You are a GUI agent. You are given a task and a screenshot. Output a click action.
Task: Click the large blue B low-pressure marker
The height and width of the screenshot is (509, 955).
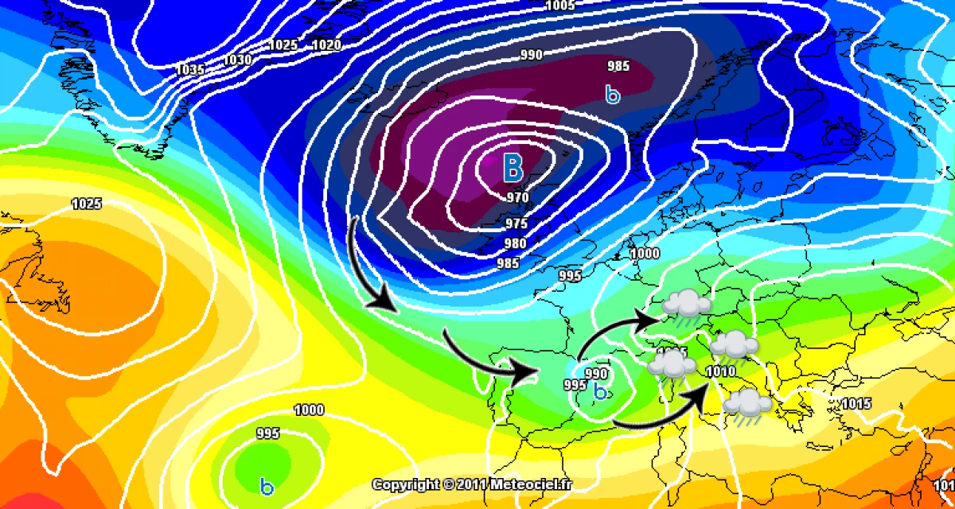(513, 168)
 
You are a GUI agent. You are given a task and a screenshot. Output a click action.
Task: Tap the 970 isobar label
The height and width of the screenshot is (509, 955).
(517, 197)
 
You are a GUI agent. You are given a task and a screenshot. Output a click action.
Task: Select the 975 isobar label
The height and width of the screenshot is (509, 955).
(516, 223)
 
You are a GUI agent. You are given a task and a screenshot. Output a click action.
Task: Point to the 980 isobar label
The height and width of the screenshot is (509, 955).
(516, 243)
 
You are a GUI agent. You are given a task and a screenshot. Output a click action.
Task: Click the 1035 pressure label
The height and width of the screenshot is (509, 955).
(190, 70)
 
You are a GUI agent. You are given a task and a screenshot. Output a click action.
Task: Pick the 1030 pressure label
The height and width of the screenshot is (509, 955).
(238, 60)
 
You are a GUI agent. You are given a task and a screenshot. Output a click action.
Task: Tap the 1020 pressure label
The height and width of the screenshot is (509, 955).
(327, 45)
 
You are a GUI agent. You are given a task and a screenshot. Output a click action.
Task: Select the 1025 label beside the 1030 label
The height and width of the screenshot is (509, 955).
(283, 45)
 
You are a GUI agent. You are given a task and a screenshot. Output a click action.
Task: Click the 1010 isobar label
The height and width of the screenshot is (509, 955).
(719, 371)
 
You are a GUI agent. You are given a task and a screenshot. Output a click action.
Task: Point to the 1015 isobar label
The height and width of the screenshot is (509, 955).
(856, 403)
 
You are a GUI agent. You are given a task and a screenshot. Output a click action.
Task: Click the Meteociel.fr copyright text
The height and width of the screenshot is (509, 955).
(473, 484)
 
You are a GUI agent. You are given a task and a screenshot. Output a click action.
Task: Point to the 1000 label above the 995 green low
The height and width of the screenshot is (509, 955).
(309, 410)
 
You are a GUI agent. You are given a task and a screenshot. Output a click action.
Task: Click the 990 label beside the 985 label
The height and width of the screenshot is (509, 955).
(532, 55)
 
